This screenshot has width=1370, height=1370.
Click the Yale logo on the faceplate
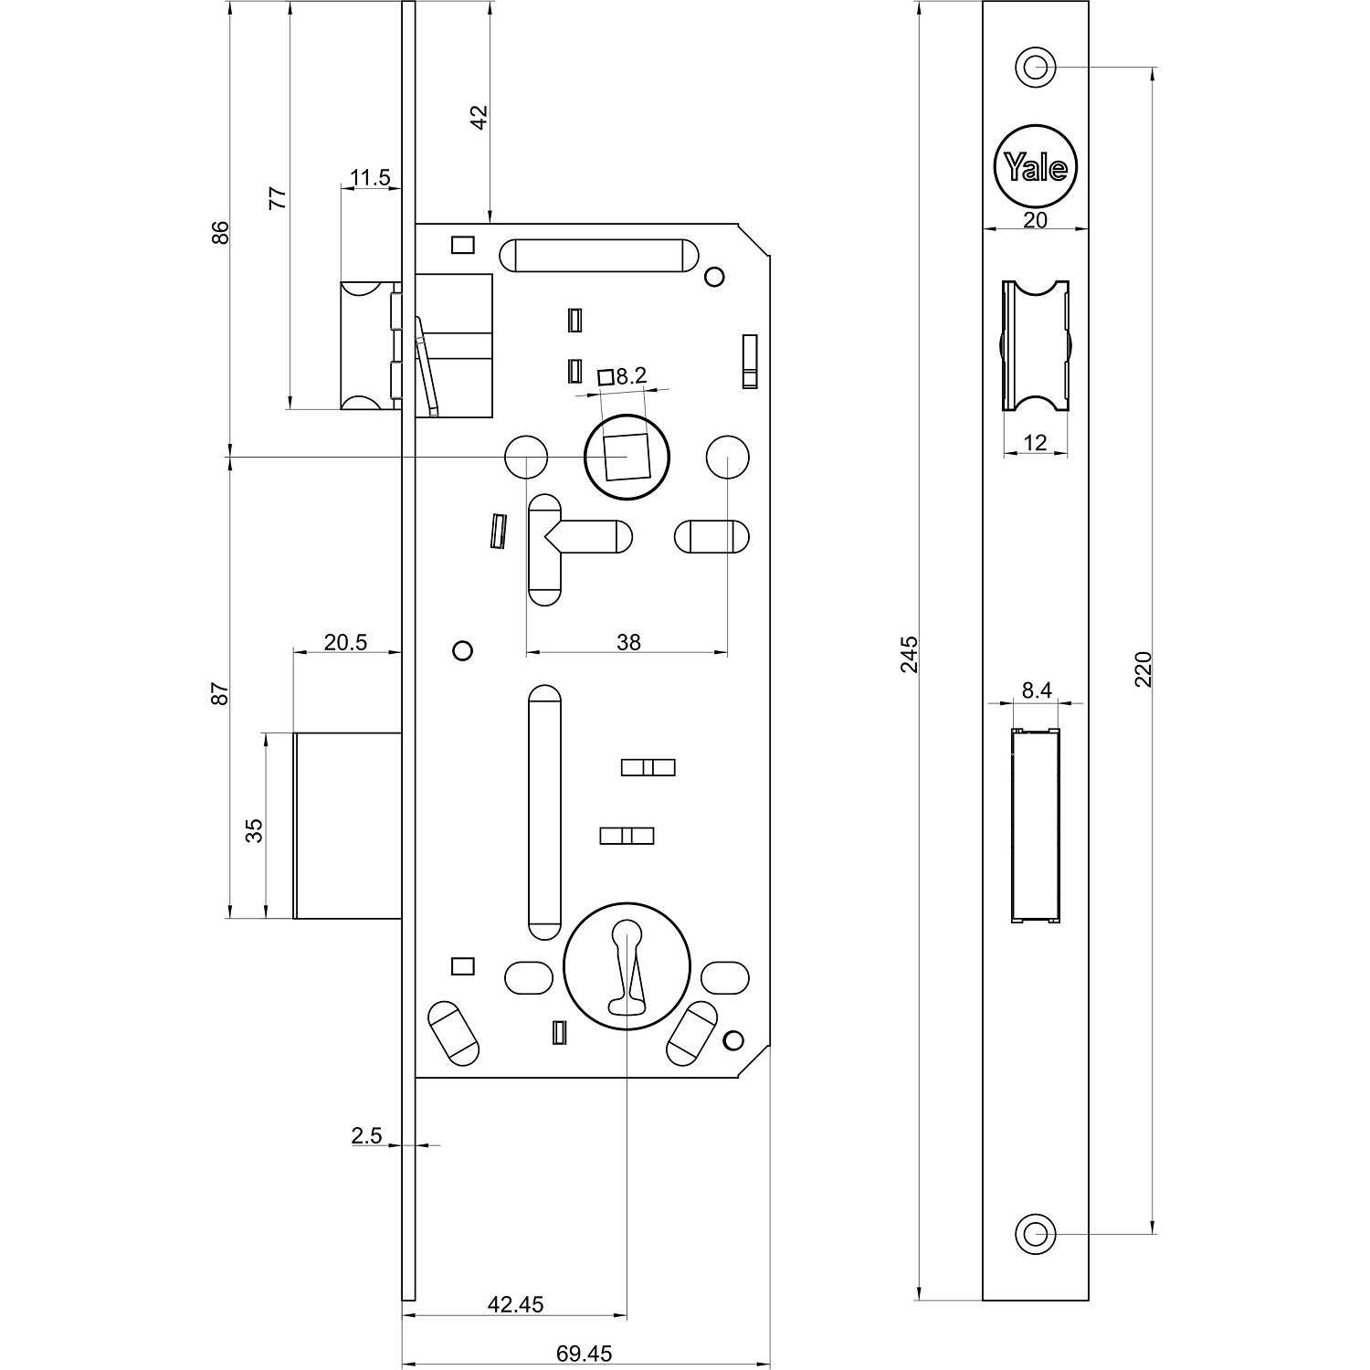click(1035, 167)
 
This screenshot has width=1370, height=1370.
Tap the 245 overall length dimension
click(910, 655)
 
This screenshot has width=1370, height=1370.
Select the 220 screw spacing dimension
click(1143, 669)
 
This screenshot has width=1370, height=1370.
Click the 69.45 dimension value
click(585, 1353)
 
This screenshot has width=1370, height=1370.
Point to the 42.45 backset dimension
click(515, 1304)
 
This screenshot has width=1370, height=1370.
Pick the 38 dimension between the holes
click(628, 642)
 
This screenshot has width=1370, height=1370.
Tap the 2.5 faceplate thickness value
click(366, 1135)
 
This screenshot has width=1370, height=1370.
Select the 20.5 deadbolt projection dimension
click(345, 642)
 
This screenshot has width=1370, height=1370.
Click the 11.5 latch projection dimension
click(370, 177)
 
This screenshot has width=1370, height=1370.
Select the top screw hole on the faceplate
click(1035, 67)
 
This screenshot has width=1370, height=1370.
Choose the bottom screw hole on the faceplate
click(1035, 1234)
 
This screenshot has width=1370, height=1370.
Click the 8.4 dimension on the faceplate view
click(1037, 690)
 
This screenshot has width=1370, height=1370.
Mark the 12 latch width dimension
click(1035, 443)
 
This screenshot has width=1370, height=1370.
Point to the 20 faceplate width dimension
click(1035, 219)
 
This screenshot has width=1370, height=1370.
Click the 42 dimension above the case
click(479, 117)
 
